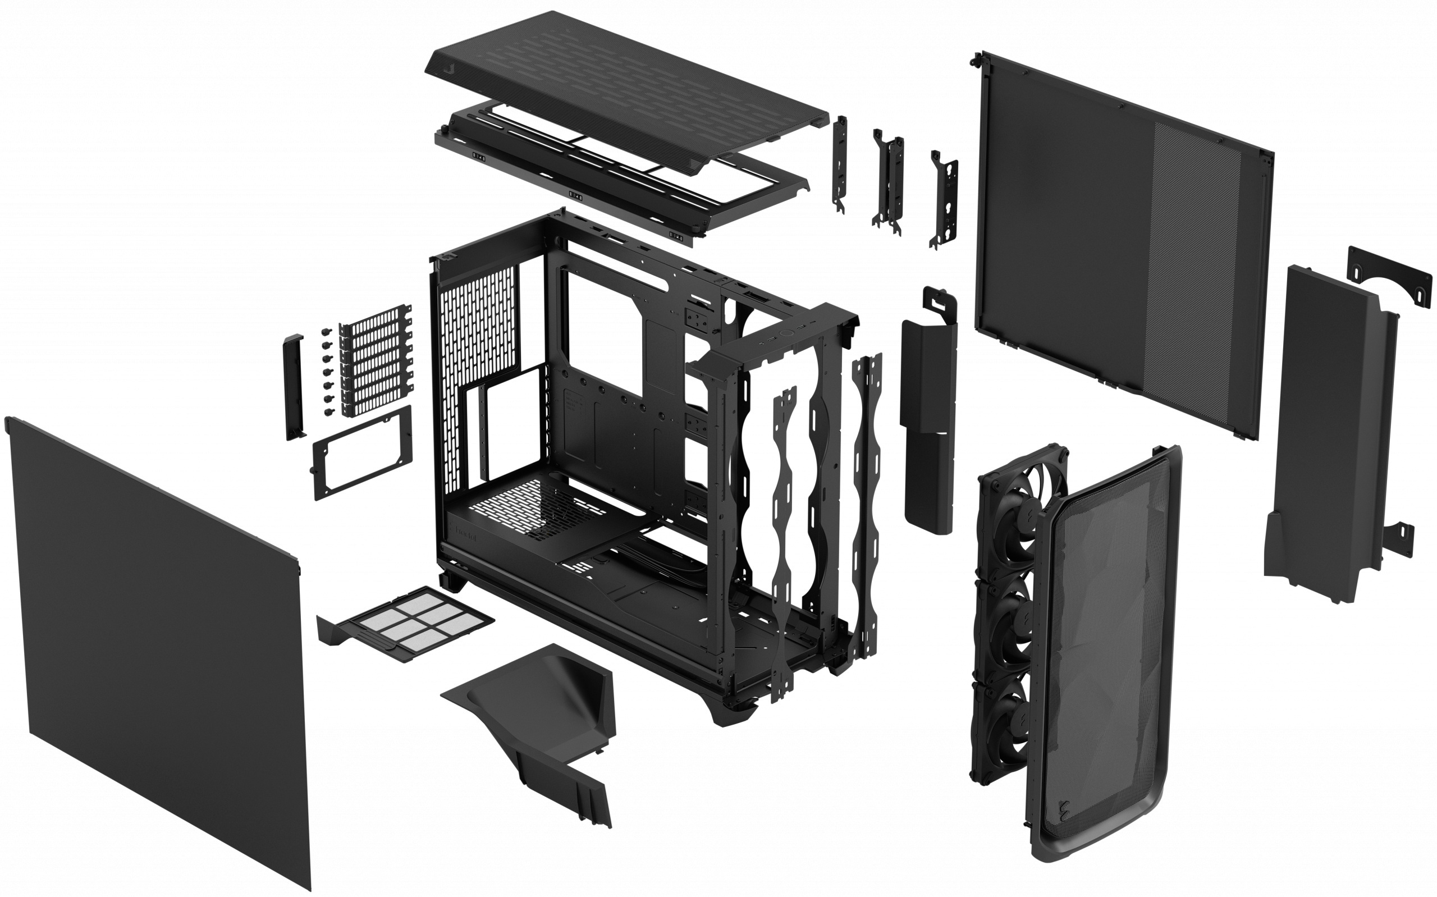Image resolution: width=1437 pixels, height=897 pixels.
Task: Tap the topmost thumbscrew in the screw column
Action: (x=325, y=331)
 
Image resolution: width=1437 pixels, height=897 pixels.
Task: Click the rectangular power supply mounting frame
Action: (x=361, y=452)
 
